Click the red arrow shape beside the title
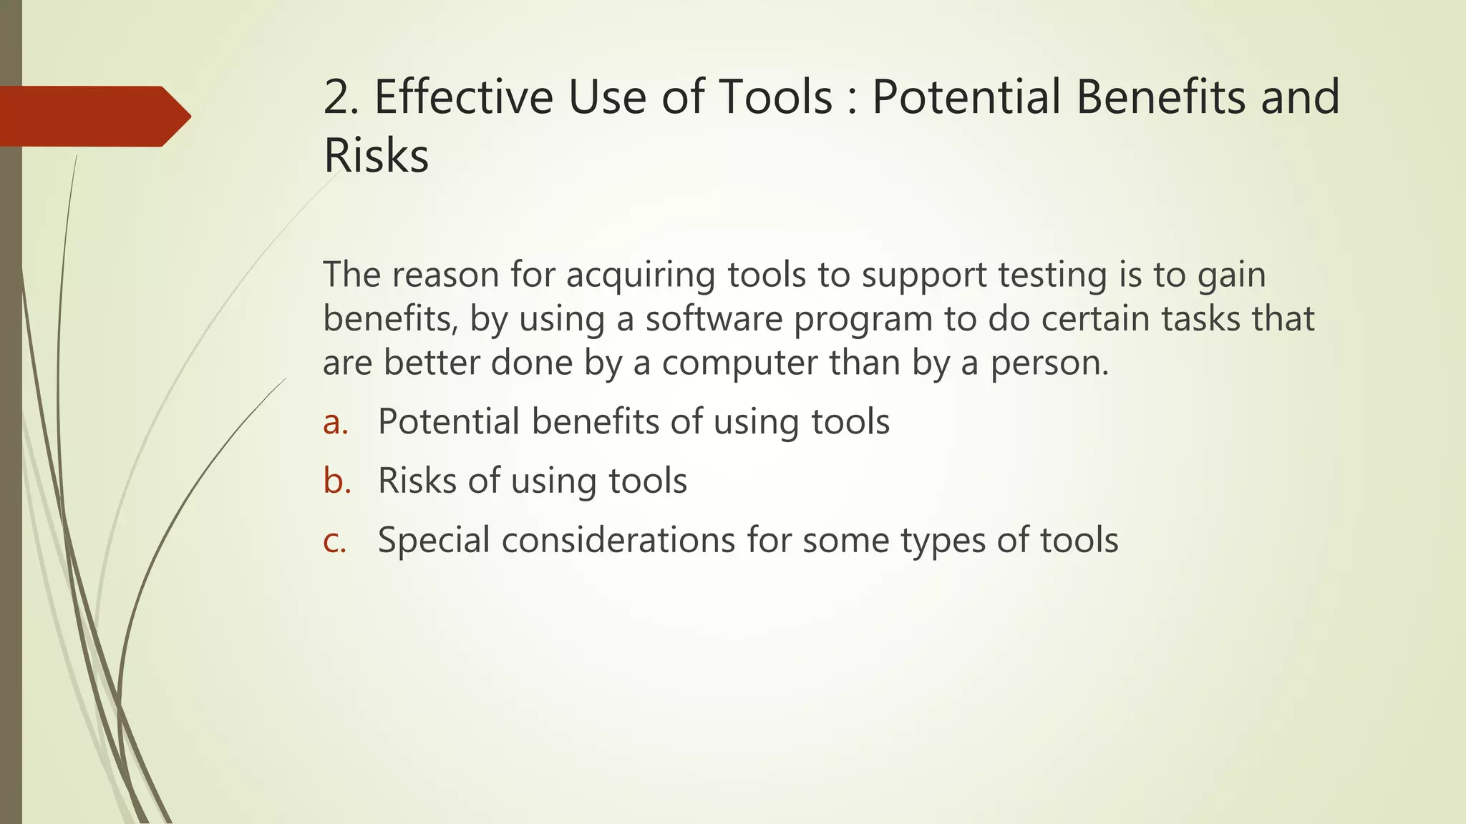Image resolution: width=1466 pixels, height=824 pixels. pos(93,116)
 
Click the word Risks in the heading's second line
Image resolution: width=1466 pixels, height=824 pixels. pos(376,156)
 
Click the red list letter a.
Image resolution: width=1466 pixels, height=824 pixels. pos(335,422)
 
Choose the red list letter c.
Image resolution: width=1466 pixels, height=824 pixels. pos(334,540)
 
